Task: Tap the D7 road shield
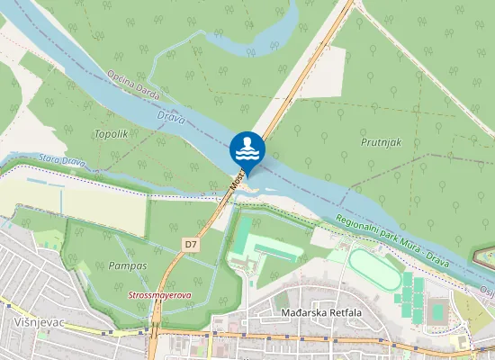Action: pyautogui.click(x=190, y=244)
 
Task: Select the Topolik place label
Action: pyautogui.click(x=111, y=133)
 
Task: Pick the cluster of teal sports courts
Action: pyautogui.click(x=411, y=296)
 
